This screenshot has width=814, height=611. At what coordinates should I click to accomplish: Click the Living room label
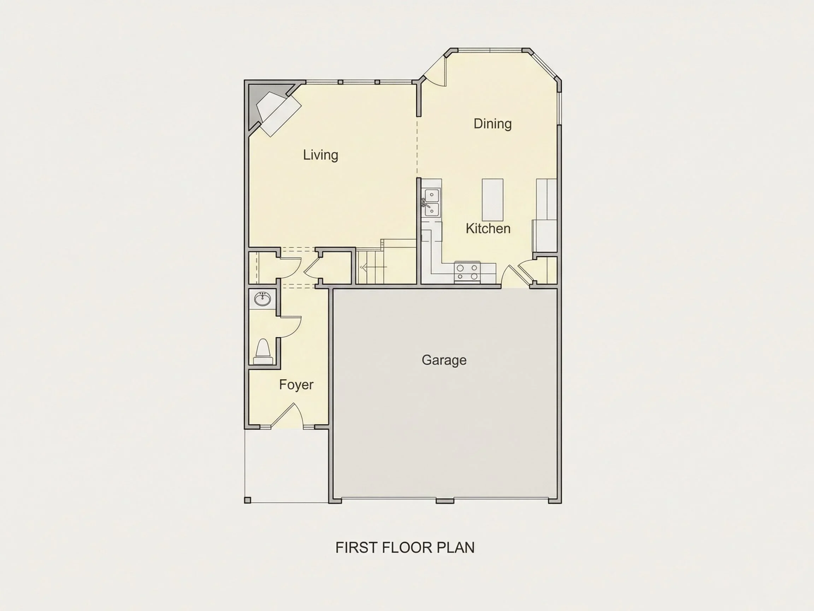(x=320, y=155)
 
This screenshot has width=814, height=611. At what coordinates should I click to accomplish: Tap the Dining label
(x=492, y=124)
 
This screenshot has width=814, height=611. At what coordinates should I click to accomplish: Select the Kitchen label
(x=488, y=229)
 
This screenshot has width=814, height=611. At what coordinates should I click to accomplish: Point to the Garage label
(x=444, y=360)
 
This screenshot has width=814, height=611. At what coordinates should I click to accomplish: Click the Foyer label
(x=296, y=385)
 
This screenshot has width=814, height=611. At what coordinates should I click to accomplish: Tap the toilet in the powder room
(x=263, y=352)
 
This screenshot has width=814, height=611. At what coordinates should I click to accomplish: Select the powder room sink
(x=263, y=299)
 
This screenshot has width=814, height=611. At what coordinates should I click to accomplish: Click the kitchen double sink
(x=431, y=203)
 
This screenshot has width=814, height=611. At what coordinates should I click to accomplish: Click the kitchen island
(x=492, y=200)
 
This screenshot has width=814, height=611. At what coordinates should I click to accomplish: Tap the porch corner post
(x=248, y=500)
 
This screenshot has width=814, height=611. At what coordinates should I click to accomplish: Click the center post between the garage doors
(x=445, y=501)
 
